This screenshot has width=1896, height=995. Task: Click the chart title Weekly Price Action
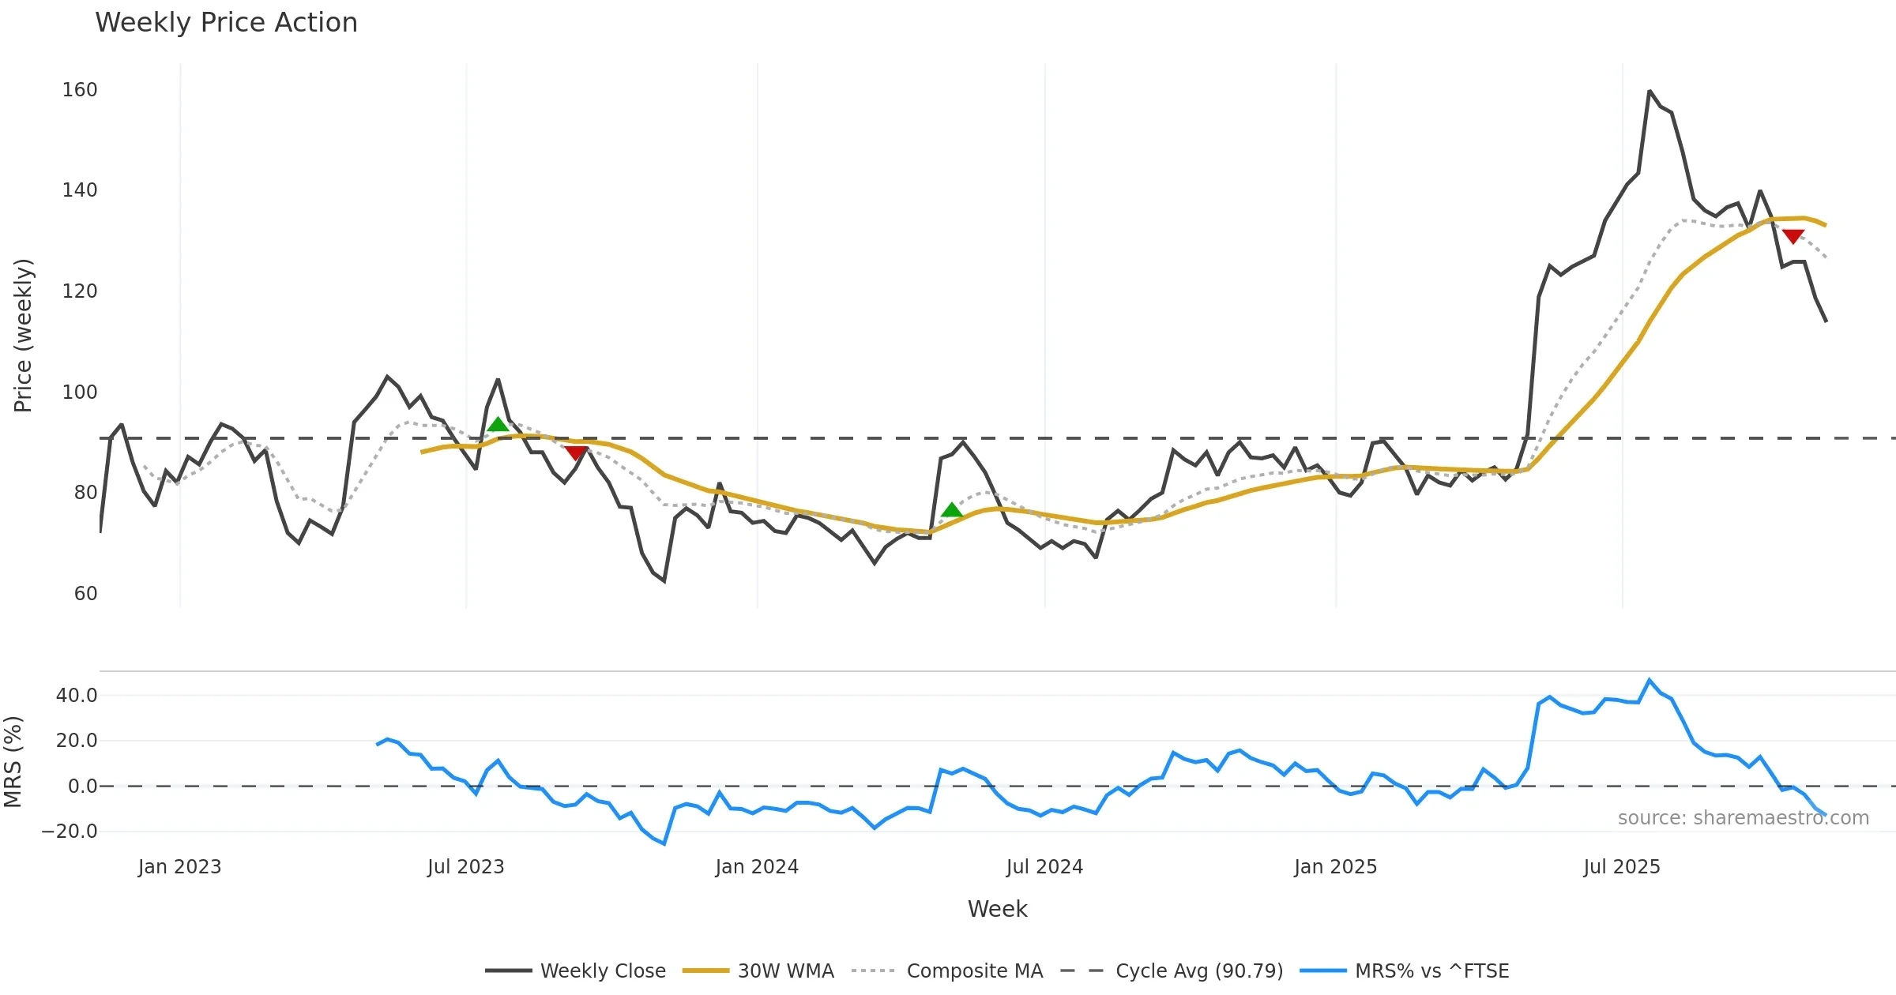(226, 23)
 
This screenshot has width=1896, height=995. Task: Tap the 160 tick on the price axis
(80, 90)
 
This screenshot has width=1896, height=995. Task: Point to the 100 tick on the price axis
(80, 392)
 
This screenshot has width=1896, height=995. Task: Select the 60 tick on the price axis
(85, 594)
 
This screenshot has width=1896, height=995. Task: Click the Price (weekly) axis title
(23, 336)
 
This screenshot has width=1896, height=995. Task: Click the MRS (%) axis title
(13, 762)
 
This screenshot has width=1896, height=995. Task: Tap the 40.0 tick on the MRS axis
(77, 696)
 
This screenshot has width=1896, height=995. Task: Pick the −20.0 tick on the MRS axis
(70, 832)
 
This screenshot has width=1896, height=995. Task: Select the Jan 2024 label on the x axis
(757, 867)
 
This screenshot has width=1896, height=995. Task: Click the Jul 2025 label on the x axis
(1622, 867)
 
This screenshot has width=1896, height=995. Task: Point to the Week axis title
(997, 910)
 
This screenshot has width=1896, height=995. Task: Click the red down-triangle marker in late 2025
(1793, 236)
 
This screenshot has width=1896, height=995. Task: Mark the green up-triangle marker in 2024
(952, 510)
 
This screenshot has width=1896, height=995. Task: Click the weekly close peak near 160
(1650, 92)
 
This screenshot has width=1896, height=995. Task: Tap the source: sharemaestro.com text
(1743, 818)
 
